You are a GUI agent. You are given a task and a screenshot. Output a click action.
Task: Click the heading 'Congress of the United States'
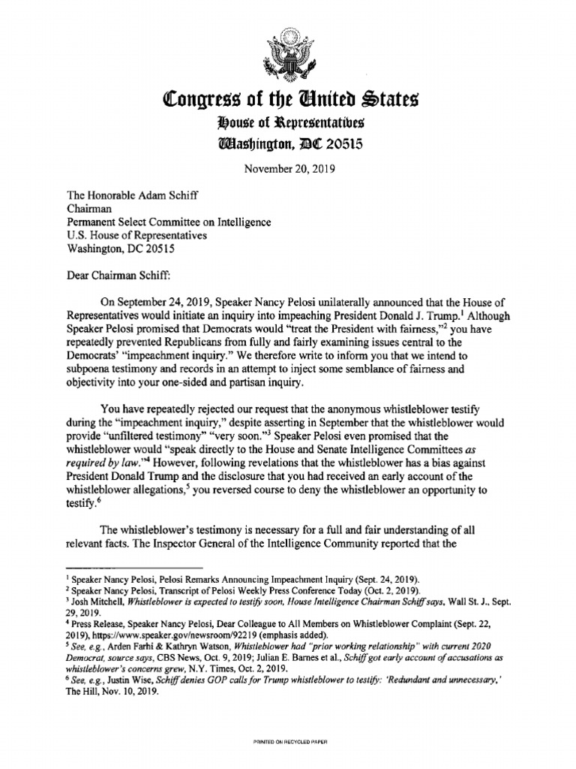(x=288, y=99)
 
